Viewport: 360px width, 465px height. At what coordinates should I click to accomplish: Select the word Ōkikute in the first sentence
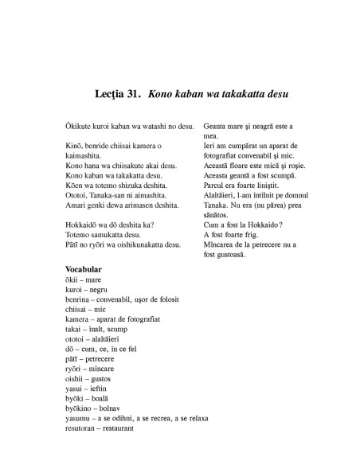(x=80, y=127)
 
